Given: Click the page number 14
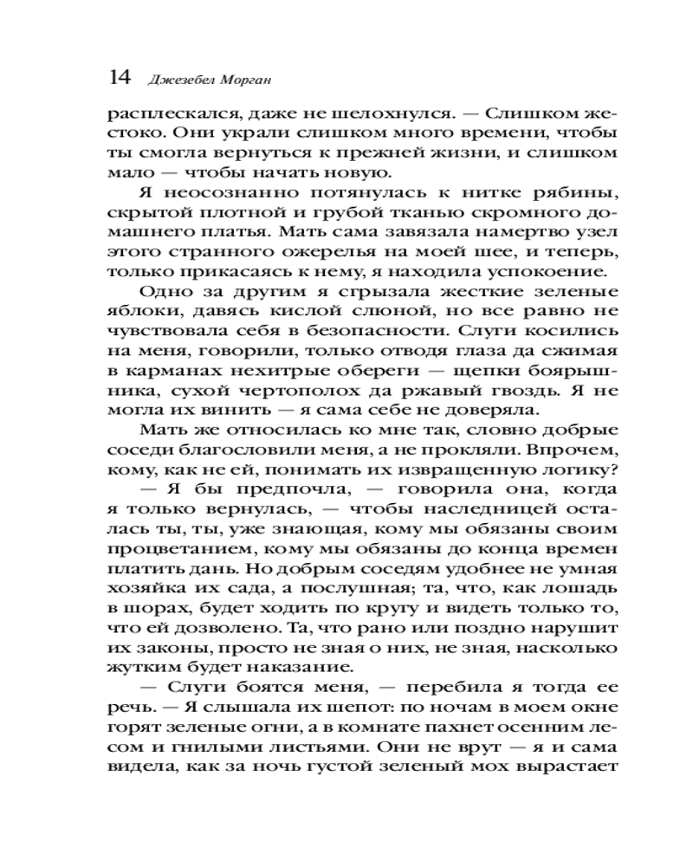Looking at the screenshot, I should (x=120, y=78).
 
